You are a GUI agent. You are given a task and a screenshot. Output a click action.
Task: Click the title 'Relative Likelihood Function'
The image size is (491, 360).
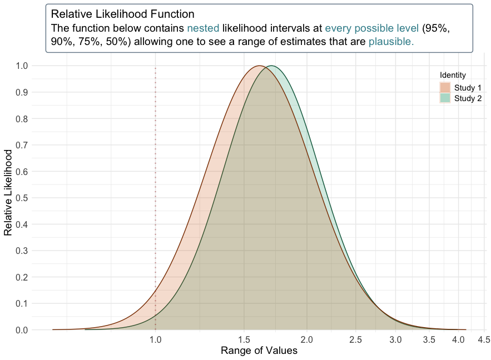122,13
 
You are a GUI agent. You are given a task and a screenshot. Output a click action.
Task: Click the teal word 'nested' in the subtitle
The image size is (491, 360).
204,27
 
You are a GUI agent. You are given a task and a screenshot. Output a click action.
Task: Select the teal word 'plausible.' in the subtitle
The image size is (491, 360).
391,41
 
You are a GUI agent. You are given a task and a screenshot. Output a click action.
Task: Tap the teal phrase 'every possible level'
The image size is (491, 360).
371,27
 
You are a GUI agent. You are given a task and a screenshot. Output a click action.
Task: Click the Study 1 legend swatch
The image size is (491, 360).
445,88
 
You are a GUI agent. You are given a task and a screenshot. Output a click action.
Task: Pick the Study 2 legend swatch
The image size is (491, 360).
445,98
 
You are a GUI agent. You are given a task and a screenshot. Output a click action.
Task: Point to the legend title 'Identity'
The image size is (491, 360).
453,75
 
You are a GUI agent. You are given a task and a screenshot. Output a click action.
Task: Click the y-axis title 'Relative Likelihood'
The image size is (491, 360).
8,192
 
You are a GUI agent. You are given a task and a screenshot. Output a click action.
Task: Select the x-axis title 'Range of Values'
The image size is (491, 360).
259,351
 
